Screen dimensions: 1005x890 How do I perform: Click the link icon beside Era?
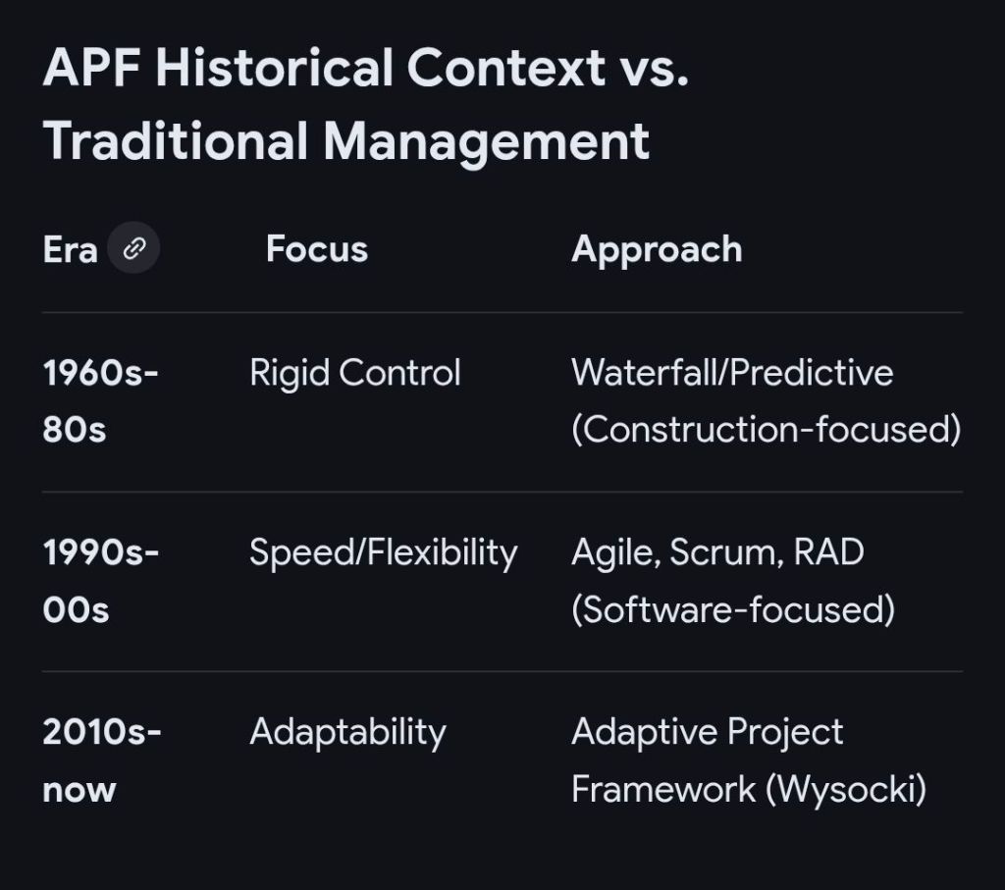coord(133,248)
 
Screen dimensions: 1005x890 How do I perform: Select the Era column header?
coord(70,249)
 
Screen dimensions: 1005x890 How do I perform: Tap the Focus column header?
coord(317,248)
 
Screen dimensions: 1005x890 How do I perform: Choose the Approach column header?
coord(657,250)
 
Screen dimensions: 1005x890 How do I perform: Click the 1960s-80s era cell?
coord(101,400)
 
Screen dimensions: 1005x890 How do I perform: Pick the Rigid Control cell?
coord(355,373)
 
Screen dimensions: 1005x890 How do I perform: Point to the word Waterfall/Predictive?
coord(732,372)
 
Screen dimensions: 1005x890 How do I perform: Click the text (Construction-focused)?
coord(766,430)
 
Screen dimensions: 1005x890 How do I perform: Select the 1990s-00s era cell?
coord(101,581)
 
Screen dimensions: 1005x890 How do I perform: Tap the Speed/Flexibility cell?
coord(384,553)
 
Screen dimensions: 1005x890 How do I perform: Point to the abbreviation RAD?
coord(828,551)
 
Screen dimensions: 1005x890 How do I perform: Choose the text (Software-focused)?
coord(732,609)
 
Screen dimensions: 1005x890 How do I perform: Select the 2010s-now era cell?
coord(102,759)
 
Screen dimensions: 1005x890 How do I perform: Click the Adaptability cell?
coord(347,732)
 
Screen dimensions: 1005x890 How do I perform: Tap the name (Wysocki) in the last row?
coord(846,789)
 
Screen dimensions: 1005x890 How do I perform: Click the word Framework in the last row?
coord(663,789)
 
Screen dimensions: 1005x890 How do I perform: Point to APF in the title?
coord(92,68)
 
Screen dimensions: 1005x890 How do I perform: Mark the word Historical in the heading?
coord(274,68)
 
